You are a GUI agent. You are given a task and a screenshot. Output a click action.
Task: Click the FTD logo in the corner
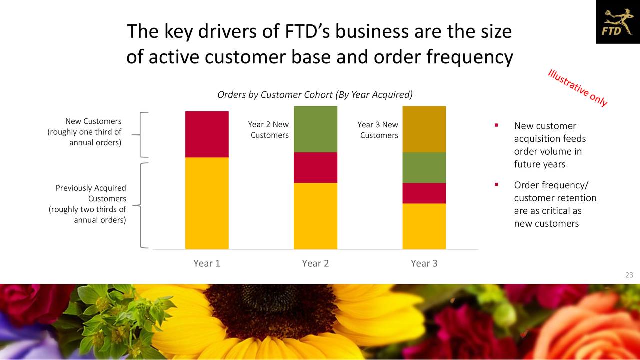click(x=617, y=22)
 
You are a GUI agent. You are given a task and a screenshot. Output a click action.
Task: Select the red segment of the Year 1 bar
click(x=207, y=134)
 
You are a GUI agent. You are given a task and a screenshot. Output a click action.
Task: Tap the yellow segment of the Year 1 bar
click(x=207, y=203)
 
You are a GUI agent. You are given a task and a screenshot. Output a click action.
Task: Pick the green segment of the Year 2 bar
click(x=315, y=129)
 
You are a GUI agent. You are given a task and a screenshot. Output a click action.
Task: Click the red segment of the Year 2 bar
click(x=315, y=167)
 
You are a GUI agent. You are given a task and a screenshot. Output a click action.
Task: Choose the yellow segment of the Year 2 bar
click(x=315, y=216)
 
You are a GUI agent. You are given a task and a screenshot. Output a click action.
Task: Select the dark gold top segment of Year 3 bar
click(x=424, y=129)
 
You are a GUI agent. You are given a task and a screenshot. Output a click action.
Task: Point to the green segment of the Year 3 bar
click(x=424, y=167)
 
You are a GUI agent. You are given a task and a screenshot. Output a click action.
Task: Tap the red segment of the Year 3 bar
click(x=424, y=193)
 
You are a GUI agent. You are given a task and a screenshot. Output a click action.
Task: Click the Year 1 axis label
click(x=207, y=263)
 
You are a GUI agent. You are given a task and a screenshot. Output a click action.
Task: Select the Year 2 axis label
click(x=315, y=263)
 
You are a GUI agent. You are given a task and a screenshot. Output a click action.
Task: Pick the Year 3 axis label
click(x=424, y=263)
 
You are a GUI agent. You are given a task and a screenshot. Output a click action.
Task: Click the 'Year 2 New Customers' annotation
click(x=269, y=130)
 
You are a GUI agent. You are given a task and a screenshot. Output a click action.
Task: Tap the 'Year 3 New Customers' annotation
click(x=378, y=130)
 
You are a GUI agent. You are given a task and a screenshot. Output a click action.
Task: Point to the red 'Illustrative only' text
click(x=578, y=88)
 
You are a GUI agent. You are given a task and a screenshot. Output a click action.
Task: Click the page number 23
click(x=629, y=275)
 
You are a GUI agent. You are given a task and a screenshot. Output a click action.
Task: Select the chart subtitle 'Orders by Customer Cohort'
click(x=315, y=95)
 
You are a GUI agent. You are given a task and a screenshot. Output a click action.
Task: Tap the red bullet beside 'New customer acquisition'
click(x=496, y=125)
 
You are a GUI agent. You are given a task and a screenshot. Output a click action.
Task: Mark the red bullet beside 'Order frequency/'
click(x=496, y=185)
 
